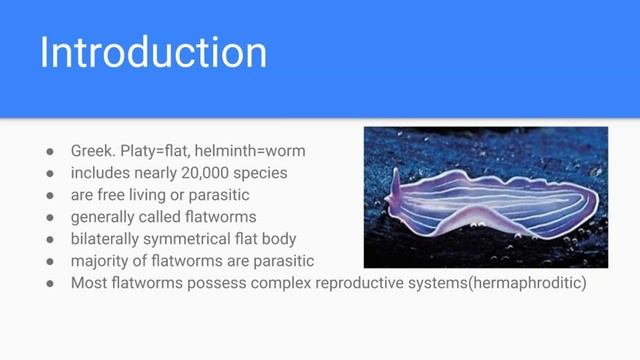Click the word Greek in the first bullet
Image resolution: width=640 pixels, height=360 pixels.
92,151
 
